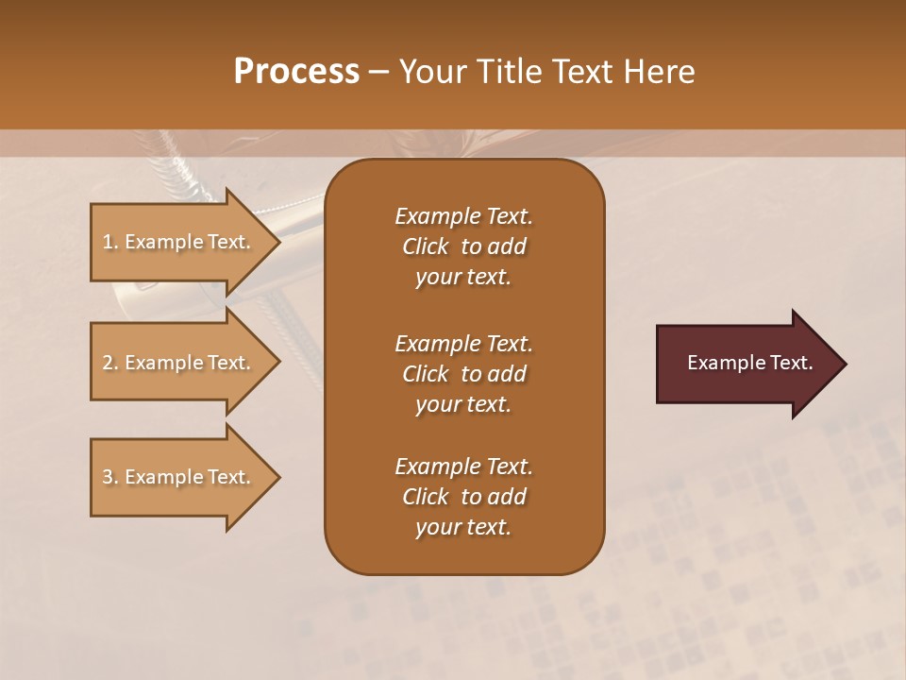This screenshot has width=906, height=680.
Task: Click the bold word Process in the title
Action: (x=296, y=71)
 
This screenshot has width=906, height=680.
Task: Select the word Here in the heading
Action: (x=658, y=71)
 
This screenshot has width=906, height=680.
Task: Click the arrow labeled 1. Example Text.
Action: (x=179, y=242)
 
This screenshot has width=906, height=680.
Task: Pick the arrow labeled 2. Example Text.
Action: (x=179, y=363)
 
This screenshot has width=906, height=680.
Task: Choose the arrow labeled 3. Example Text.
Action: (x=179, y=477)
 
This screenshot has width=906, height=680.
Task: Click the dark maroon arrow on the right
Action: (x=746, y=364)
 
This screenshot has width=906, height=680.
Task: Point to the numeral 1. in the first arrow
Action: (x=110, y=242)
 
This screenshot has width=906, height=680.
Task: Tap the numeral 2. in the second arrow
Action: (x=110, y=363)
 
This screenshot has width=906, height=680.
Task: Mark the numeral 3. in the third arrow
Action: (x=110, y=477)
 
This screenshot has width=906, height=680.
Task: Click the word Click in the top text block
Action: (x=426, y=246)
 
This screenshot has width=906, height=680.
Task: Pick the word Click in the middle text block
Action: (x=426, y=374)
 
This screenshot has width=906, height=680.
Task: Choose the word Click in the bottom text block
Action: (x=426, y=497)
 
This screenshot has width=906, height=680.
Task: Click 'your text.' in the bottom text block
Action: (x=463, y=528)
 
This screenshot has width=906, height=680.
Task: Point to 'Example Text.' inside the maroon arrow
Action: (x=750, y=363)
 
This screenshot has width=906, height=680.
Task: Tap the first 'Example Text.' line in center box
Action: (x=463, y=216)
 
